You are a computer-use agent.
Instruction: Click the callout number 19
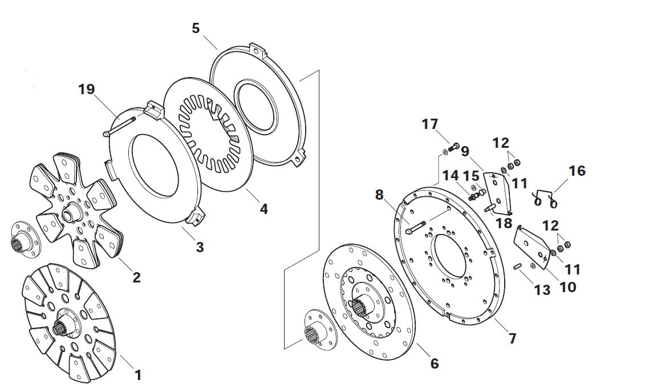(x=86, y=90)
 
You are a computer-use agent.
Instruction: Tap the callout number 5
(x=196, y=27)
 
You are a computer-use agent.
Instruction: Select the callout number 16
(x=577, y=171)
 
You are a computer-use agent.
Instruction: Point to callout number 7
(x=512, y=338)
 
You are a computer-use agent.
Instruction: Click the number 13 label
(x=542, y=290)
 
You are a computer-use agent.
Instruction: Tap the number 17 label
(x=431, y=124)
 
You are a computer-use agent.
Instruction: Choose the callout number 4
(x=263, y=208)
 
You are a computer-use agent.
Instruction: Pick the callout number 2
(x=136, y=277)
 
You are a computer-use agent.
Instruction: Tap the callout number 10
(x=567, y=287)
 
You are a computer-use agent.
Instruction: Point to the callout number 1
(x=137, y=375)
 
